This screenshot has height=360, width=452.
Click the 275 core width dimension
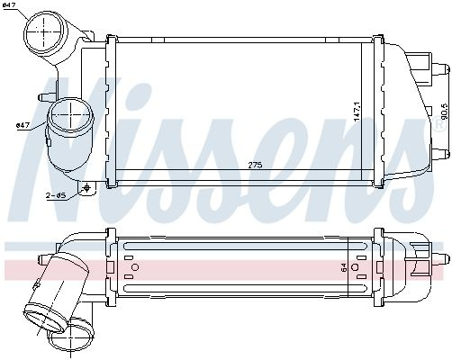coord(255,165)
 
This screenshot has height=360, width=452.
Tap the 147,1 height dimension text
coord(357,112)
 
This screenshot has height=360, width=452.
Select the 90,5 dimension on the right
coord(445,111)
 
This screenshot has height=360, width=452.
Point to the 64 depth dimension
coord(344,267)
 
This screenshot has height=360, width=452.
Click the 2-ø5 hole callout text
coord(56,195)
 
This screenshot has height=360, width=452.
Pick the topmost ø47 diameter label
coord(8,5)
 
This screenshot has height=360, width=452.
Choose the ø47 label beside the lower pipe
coord(23,125)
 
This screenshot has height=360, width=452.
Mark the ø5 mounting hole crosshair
coord(87,188)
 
